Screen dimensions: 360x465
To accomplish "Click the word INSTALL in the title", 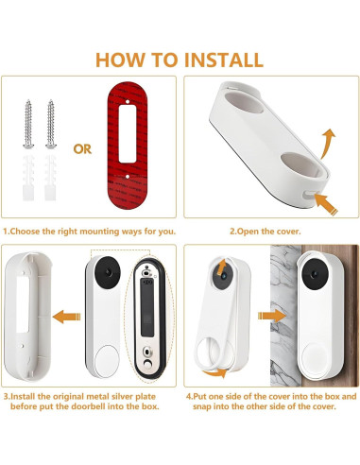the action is click(x=224, y=60).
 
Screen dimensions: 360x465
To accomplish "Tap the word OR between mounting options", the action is click(x=82, y=149).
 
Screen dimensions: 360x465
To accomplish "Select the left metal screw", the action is click(x=28, y=124).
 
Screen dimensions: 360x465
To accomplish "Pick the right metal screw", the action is click(x=51, y=124).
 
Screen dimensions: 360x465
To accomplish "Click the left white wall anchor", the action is click(x=28, y=178).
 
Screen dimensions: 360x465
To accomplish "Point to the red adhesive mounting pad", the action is click(x=128, y=146).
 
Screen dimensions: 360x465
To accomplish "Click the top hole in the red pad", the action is click(x=128, y=102).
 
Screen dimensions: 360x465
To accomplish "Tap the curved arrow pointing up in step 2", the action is click(x=328, y=144).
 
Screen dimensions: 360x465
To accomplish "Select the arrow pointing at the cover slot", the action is click(x=326, y=203).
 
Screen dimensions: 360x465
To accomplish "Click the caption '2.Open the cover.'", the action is click(x=266, y=232).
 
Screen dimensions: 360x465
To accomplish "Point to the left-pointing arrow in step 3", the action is click(x=66, y=317).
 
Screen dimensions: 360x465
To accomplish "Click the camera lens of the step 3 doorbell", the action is click(x=109, y=272).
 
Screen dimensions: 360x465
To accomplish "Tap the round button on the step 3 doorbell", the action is click(x=107, y=361).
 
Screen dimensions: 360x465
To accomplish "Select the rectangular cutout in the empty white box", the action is click(x=23, y=304).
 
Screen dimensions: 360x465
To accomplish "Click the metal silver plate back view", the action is click(x=147, y=319).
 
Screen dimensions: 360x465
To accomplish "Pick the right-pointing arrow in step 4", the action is click(x=272, y=316).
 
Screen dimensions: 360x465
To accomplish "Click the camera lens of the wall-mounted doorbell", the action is click(x=315, y=274).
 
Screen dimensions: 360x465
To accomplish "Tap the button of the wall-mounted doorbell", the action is click(x=315, y=359).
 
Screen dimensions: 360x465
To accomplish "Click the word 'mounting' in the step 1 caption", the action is click(x=99, y=232).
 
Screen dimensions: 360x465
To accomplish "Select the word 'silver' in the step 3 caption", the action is click(x=122, y=396).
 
